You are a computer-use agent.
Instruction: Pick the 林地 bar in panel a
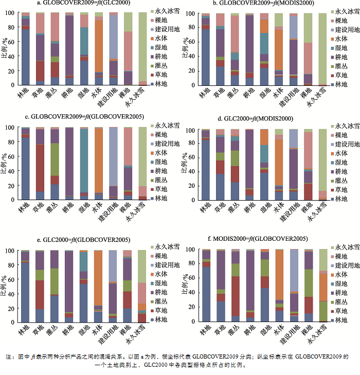pos(25,49)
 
